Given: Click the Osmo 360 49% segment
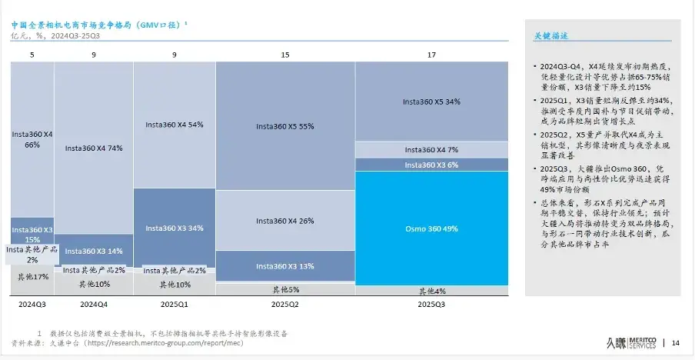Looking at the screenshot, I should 431,228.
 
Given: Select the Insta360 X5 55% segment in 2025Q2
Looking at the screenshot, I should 284,126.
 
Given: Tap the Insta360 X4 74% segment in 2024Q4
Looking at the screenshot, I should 93,148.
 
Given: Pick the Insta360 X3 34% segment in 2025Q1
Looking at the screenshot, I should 174,228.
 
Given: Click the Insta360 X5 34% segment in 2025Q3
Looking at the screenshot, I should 431,102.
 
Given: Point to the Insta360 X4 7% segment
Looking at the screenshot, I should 431,150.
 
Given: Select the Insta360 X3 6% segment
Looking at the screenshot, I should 431,165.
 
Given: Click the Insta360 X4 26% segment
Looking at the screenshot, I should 284,221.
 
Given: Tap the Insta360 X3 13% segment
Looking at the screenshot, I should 284,266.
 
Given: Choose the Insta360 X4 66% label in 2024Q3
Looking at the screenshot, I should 32,139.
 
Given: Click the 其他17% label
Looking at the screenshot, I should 32,277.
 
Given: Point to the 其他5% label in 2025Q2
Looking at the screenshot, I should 284,290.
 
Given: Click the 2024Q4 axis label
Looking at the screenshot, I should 93,305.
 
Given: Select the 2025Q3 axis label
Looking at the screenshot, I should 431,305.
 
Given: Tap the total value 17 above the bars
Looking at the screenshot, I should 431,55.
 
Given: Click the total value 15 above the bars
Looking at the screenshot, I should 284,55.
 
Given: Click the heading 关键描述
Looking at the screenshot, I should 550,36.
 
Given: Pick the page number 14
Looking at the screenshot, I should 676,342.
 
